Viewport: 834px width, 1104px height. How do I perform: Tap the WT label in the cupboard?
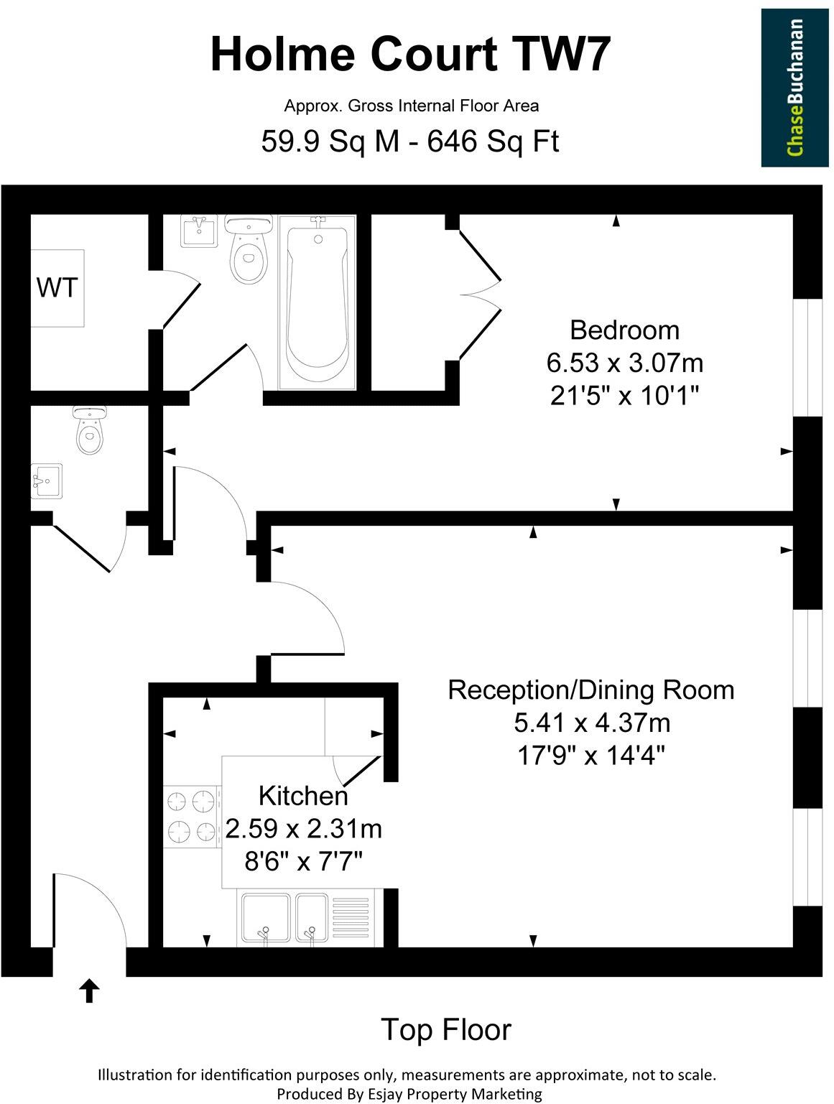(x=57, y=288)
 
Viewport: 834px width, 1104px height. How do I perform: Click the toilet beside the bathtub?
(x=249, y=251)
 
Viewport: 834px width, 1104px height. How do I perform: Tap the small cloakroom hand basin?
(x=46, y=481)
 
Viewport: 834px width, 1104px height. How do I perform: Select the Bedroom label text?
(x=624, y=330)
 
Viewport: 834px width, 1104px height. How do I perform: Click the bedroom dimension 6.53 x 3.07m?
(x=624, y=363)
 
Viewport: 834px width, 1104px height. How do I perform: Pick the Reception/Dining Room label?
(x=590, y=690)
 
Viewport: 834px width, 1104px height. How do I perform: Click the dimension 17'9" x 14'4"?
(x=590, y=755)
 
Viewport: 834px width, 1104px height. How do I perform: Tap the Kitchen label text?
(x=302, y=796)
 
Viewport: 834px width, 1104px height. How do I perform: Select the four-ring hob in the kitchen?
(x=192, y=817)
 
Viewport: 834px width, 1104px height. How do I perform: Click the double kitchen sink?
(x=284, y=917)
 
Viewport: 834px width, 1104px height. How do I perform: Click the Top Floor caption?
(x=445, y=1029)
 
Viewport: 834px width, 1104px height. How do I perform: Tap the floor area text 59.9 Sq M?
(x=329, y=142)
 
